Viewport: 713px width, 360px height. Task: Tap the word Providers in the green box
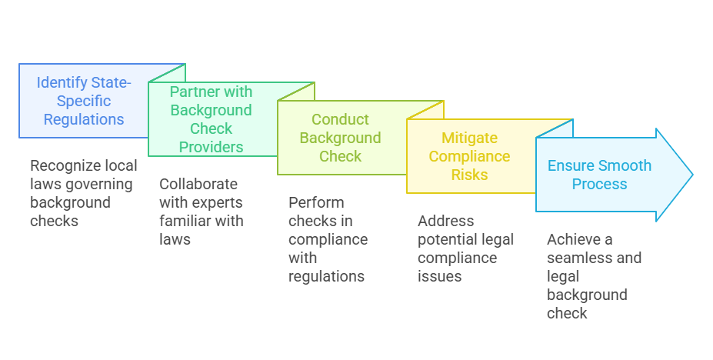pos(211,147)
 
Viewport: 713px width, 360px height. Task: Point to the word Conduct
pos(340,119)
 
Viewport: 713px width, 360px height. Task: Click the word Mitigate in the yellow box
pos(469,138)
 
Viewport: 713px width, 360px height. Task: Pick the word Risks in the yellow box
pos(469,175)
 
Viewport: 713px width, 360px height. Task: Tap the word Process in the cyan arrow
pos(599,184)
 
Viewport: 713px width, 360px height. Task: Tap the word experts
pos(218,202)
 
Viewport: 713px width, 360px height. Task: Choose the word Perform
pos(316,202)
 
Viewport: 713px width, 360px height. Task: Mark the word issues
pos(440,276)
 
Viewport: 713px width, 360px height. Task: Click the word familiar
pos(186,221)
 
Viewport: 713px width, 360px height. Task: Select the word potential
pos(448,239)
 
